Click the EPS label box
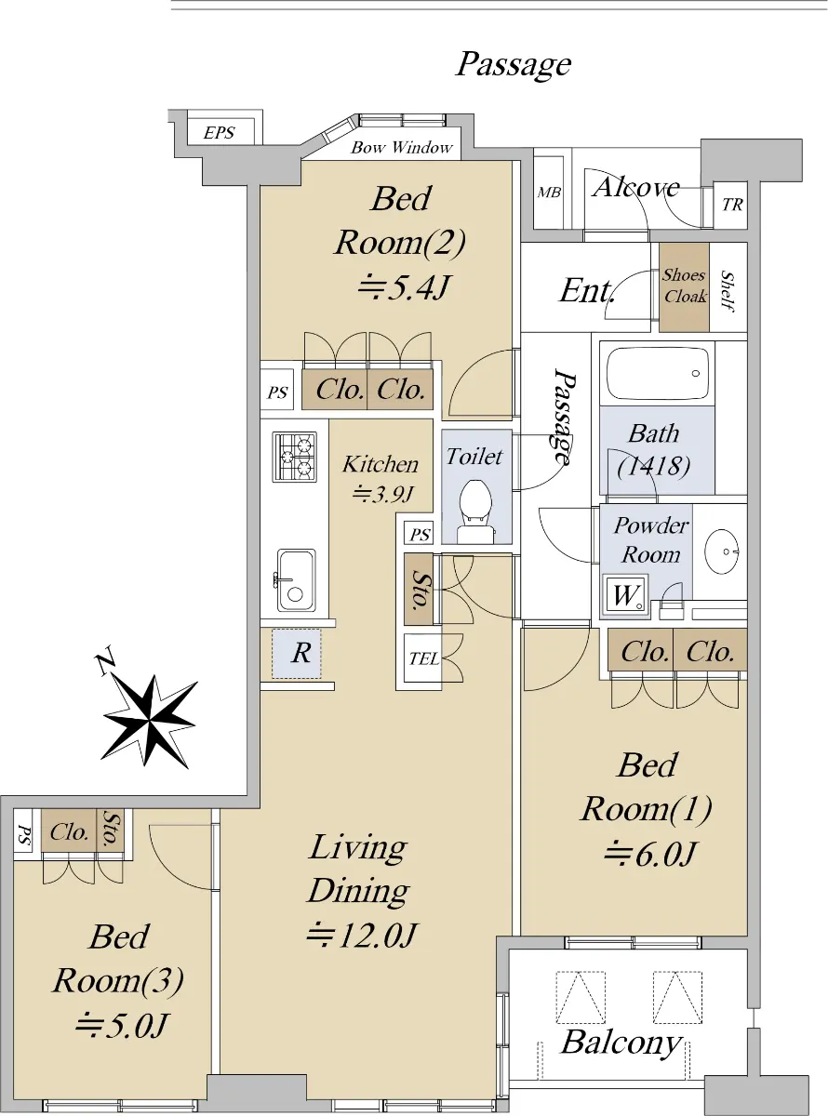tap(219, 132)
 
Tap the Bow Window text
tap(401, 148)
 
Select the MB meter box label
tap(548, 193)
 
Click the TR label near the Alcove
tap(732, 205)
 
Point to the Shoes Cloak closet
tap(684, 287)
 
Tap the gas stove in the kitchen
tap(295, 457)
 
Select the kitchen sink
tap(297, 580)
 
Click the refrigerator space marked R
tap(297, 653)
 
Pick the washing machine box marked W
tap(626, 597)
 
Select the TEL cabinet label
tap(423, 658)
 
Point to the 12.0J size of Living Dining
tap(361, 936)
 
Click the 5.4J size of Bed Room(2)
tap(402, 288)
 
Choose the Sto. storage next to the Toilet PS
tap(419, 589)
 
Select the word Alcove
tap(635, 187)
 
